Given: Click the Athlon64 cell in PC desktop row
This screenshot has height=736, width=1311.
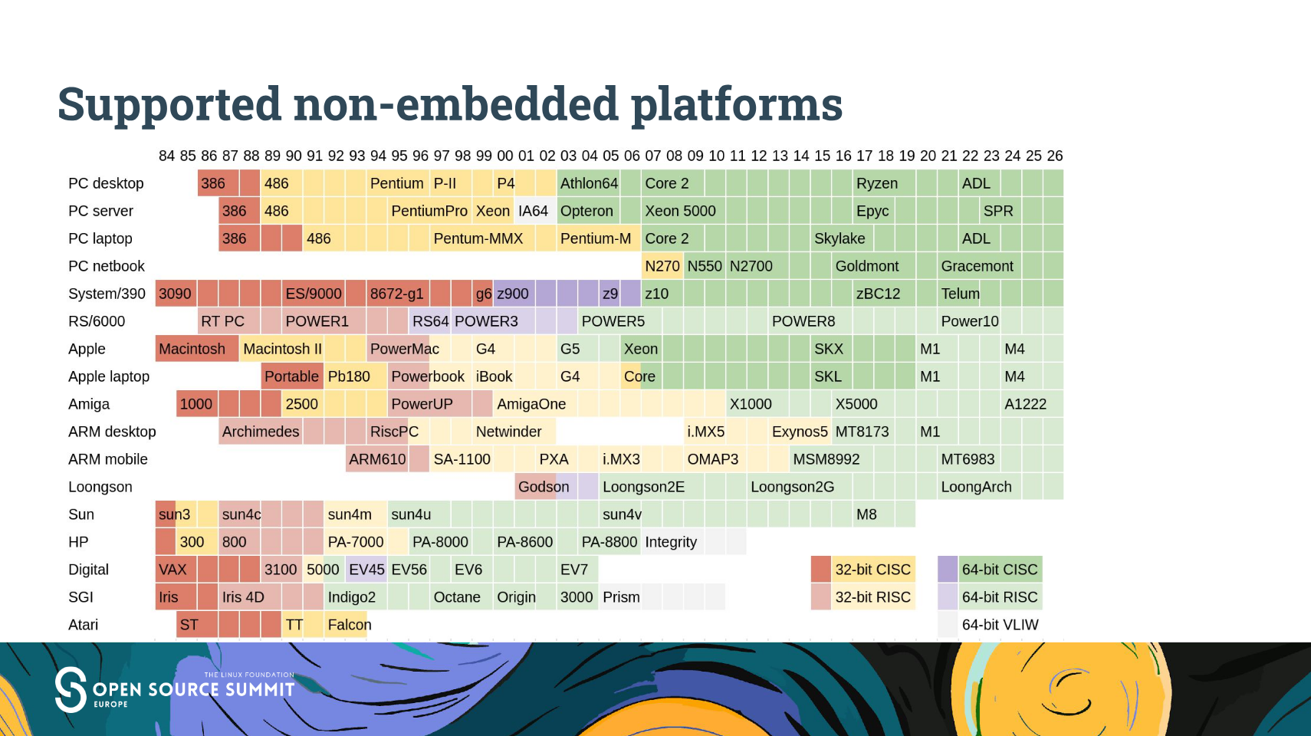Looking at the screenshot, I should pyautogui.click(x=589, y=183).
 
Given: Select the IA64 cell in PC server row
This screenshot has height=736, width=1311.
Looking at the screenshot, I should pyautogui.click(x=534, y=211).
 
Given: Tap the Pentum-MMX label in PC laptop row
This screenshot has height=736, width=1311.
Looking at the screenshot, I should pyautogui.click(x=478, y=238).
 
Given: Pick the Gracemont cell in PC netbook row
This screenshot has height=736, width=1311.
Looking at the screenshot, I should pyautogui.click(x=977, y=266).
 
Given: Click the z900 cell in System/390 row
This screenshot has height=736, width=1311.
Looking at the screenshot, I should pyautogui.click(x=513, y=294).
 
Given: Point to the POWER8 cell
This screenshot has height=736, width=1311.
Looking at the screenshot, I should pyautogui.click(x=803, y=321).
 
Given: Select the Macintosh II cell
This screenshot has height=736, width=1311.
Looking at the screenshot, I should pyautogui.click(x=282, y=349).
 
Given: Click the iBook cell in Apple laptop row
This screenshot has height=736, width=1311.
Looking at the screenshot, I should pyautogui.click(x=494, y=376).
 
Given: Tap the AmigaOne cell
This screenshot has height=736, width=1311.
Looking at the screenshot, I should pyautogui.click(x=531, y=404).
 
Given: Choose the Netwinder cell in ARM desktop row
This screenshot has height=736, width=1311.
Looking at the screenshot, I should pyautogui.click(x=508, y=432).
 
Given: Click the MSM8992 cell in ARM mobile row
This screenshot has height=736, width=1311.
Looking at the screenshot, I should pyautogui.click(x=826, y=459).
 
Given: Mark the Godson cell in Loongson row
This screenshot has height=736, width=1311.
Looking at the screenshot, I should pyautogui.click(x=543, y=487).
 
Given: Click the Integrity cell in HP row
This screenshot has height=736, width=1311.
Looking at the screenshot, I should pyautogui.click(x=671, y=542).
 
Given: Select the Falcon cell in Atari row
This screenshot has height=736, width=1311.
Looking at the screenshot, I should pyautogui.click(x=349, y=625).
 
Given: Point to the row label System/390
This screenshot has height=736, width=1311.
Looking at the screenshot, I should pyautogui.click(x=107, y=294).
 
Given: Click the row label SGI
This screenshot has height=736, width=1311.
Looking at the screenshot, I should pyautogui.click(x=80, y=597).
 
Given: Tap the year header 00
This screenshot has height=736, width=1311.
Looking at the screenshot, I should pyautogui.click(x=504, y=156).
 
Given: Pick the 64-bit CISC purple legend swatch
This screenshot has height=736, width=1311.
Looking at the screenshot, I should pyautogui.click(x=948, y=570).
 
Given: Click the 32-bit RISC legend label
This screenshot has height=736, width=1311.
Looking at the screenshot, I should pyautogui.click(x=872, y=597).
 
